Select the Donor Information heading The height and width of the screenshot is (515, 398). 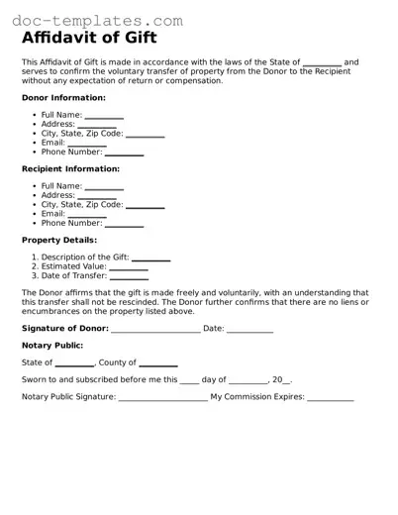[x=63, y=98]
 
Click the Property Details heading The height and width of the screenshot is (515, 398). [x=59, y=240]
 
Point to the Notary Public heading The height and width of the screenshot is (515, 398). [x=54, y=346]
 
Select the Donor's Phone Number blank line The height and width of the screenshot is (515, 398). [x=124, y=154]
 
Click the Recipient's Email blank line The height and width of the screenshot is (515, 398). [x=87, y=215]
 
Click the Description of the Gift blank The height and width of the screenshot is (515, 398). [x=151, y=258]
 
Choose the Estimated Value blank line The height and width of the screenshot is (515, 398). [x=129, y=267]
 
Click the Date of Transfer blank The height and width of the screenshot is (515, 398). [x=128, y=276]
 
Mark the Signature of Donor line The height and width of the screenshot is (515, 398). [x=155, y=329]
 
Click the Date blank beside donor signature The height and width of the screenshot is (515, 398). [x=250, y=329]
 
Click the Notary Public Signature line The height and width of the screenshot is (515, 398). [x=162, y=399]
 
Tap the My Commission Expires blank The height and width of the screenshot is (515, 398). [x=331, y=399]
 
